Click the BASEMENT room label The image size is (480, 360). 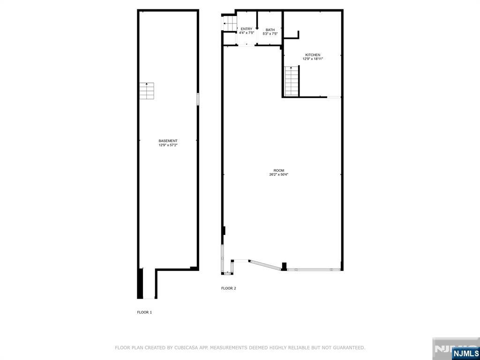click(x=168, y=141)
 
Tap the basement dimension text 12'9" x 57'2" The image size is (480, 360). click(x=168, y=145)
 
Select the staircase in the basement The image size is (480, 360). click(x=147, y=90)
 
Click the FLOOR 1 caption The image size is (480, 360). click(x=144, y=312)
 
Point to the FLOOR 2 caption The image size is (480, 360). click(x=229, y=288)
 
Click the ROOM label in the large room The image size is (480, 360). click(x=279, y=171)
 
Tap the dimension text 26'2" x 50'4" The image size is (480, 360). click(x=279, y=175)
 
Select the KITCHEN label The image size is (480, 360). click(x=313, y=55)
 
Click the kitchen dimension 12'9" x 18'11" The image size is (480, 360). click(x=313, y=59)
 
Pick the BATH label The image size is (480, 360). click(x=270, y=30)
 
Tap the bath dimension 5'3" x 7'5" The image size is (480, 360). click(x=270, y=34)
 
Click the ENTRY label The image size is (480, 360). click(x=247, y=29)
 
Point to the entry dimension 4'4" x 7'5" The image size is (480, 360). click(x=247, y=33)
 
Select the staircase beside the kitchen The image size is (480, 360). click(x=291, y=81)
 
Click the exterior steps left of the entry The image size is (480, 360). click(x=229, y=24)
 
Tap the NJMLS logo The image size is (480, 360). click(x=465, y=353)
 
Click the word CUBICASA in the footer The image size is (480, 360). click(x=184, y=348)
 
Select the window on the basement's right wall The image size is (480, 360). click(x=198, y=99)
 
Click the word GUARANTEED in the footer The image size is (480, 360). click(x=348, y=348)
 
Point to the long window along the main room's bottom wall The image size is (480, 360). click(x=313, y=270)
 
